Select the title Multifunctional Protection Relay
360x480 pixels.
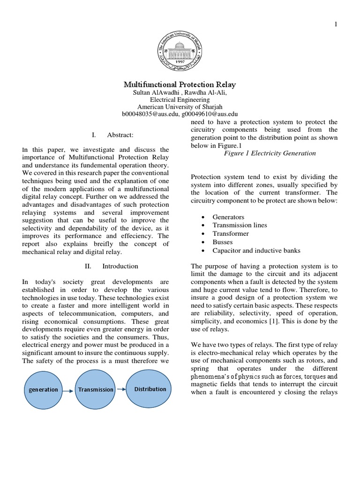180,85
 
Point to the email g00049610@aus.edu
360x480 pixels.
210,114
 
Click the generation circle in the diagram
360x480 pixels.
44,389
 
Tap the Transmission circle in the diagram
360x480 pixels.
96,389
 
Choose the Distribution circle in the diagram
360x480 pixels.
150,389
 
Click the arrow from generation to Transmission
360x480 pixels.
68,390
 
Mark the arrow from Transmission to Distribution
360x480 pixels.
121,389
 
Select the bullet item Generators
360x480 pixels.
228,217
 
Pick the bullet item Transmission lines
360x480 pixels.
240,225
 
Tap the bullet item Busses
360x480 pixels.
222,242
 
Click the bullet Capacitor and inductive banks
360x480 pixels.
256,251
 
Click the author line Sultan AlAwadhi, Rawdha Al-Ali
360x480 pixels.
180,93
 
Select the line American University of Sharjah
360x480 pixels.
180,107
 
